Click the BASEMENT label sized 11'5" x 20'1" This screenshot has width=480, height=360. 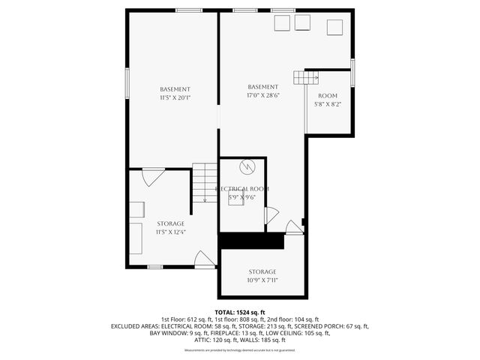click(x=175, y=93)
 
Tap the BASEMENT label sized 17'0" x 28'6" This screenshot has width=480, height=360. click(x=263, y=91)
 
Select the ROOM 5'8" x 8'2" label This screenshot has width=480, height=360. click(x=328, y=100)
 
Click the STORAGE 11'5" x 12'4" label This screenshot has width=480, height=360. click(x=170, y=228)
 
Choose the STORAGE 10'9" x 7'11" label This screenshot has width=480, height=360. click(x=262, y=276)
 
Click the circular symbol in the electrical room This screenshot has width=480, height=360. click(x=247, y=166)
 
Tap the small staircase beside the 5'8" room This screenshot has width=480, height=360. click(x=305, y=77)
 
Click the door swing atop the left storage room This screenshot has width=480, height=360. click(x=153, y=177)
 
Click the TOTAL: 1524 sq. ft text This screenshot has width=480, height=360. click(x=240, y=312)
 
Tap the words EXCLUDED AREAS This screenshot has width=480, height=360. click(x=134, y=326)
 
